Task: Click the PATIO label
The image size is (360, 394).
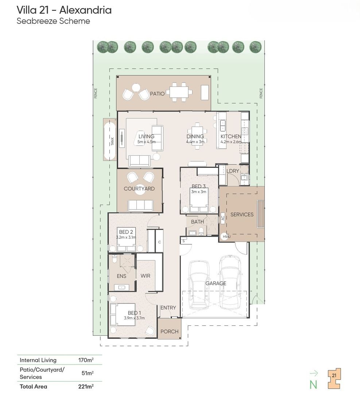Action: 157,94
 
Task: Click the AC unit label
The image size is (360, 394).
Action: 222,219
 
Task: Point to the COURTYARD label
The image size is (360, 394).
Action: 139,189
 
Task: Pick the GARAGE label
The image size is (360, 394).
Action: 216,283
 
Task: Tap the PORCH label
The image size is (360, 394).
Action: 170,331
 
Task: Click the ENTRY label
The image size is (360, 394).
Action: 168,308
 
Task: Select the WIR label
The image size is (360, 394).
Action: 146,276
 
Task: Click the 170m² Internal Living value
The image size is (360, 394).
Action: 86,360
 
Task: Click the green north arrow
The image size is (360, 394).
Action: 313,373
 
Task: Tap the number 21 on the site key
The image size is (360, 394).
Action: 334,375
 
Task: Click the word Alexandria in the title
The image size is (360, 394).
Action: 86,10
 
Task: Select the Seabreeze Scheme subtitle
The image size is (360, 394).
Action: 53,21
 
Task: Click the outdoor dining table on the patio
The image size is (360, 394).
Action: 180,91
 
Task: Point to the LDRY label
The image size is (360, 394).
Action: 233,171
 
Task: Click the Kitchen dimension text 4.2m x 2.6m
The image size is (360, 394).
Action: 231,142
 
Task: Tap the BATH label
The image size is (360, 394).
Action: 197,222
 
